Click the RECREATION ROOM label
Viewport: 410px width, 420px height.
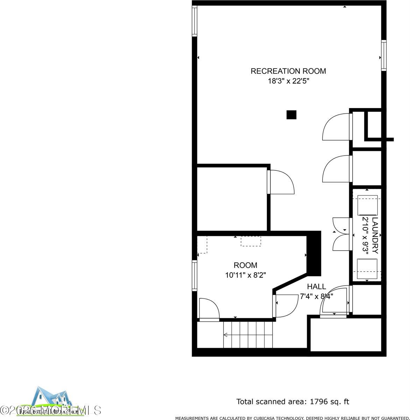coord(288,71)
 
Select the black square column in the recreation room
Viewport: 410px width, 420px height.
coord(291,115)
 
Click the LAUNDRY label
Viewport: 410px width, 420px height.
coord(375,236)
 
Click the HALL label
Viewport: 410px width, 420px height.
coord(316,287)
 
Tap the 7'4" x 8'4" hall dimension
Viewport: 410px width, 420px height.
coord(316,296)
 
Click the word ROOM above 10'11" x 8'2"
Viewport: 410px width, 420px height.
coord(245,265)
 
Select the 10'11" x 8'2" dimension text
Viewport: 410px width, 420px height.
coord(245,275)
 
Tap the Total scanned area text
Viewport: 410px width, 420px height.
coord(293,402)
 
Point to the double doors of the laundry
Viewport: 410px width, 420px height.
coord(341,234)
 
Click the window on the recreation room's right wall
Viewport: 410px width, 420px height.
coord(384,55)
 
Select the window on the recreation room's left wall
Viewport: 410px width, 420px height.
coord(195,21)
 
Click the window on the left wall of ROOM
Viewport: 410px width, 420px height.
coord(195,275)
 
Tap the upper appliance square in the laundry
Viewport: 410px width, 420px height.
coord(367,205)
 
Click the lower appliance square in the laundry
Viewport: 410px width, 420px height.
coord(367,269)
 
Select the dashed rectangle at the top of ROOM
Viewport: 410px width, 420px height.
coord(251,241)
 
